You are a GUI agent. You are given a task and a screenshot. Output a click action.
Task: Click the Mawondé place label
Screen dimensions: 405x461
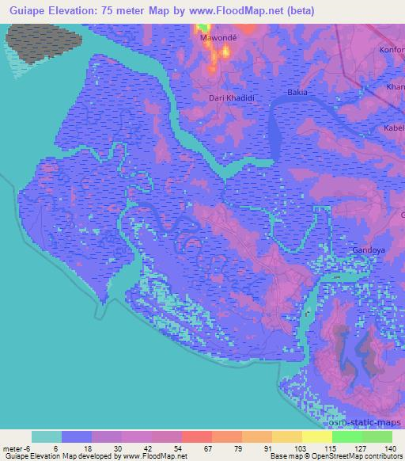(215, 37)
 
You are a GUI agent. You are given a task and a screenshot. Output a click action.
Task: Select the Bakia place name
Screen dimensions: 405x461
(297, 93)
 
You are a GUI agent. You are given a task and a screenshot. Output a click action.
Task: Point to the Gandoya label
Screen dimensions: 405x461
(368, 250)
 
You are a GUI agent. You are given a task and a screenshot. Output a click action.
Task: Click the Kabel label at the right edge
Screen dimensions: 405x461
(394, 128)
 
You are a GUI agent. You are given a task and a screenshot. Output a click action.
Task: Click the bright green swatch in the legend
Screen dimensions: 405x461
(346, 436)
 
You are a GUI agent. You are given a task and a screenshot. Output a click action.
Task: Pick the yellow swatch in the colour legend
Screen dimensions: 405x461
(316, 436)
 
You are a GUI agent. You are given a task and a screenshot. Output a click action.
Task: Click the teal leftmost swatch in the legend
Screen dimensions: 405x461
(47, 436)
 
